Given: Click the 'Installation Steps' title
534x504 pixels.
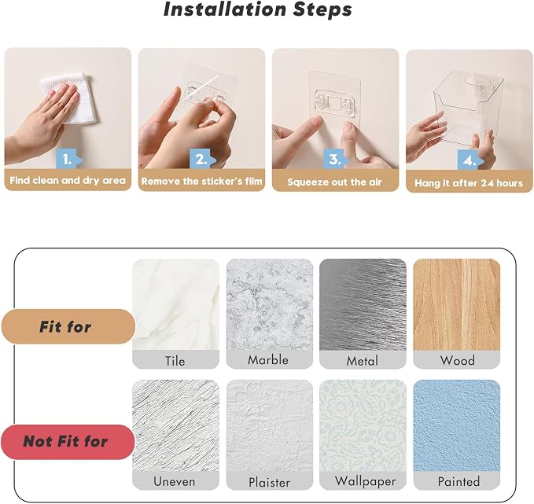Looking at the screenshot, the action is tap(258, 9).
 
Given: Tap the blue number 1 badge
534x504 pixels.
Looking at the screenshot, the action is tap(68, 159).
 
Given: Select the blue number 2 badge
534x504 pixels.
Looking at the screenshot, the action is tap(202, 159).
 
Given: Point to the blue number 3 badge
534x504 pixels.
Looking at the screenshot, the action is tap(336, 159).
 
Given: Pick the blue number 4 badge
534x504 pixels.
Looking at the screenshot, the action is tap(470, 160).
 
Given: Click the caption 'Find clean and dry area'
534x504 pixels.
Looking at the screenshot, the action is tap(68, 180).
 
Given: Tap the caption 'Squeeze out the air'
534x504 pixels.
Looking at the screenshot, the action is tap(334, 182).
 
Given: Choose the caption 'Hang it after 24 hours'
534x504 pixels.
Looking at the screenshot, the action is tap(469, 183).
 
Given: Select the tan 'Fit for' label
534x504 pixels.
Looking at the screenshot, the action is tap(68, 326).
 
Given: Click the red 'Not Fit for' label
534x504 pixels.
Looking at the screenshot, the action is tap(68, 442).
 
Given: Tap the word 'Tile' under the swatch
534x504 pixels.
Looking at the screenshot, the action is tap(175, 361).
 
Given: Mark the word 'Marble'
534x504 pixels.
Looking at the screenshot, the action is tap(268, 360).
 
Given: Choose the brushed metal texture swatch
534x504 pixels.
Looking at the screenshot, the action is tap(363, 305).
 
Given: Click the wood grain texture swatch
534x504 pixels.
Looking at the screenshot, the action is tap(457, 305).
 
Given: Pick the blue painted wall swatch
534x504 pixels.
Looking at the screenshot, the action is tap(457, 425).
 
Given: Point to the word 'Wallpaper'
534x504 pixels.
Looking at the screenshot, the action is tap(365, 481).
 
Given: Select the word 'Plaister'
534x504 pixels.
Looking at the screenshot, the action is tap(270, 482).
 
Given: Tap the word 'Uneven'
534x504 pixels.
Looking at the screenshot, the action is tap(175, 481).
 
